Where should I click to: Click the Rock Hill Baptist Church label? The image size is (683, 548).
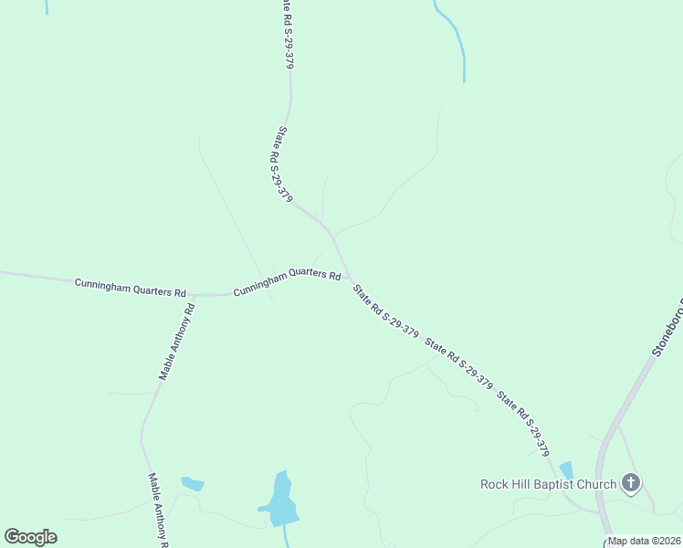point(549,484)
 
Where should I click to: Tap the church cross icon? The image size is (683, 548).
point(630,482)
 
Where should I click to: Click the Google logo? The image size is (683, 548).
point(30,537)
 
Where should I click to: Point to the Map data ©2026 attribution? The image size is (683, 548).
point(644,541)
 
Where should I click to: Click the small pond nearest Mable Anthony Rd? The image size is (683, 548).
point(193,483)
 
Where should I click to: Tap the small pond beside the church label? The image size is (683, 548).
point(567,469)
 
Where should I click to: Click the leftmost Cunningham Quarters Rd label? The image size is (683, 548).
point(130,288)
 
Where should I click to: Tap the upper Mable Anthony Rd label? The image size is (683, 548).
point(177,342)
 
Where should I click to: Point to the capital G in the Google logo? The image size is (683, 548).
point(13,537)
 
